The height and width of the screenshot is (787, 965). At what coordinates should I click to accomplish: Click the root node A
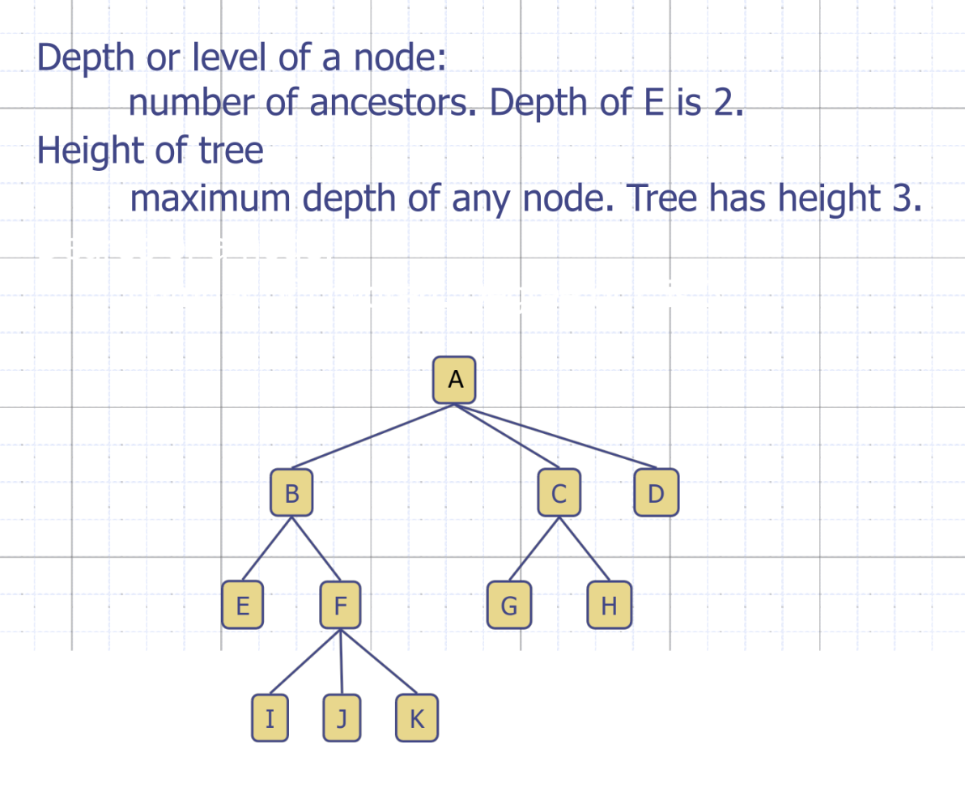click(x=454, y=379)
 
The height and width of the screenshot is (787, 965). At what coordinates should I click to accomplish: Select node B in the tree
click(x=292, y=491)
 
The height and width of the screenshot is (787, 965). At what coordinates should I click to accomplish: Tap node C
click(x=559, y=491)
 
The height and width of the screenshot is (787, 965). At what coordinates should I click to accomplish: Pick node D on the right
click(x=657, y=492)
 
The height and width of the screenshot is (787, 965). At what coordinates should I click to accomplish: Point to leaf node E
click(x=242, y=605)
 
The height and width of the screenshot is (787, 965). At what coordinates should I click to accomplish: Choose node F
click(x=340, y=605)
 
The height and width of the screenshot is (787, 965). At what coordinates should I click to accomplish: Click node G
click(x=509, y=605)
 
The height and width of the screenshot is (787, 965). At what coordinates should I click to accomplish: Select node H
click(x=609, y=605)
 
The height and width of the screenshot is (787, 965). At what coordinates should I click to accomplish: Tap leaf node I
click(x=270, y=717)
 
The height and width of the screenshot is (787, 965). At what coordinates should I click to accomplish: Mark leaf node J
click(x=342, y=717)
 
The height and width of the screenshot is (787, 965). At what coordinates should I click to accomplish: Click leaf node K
click(x=417, y=717)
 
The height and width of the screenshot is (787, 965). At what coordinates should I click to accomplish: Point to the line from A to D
click(x=559, y=436)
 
